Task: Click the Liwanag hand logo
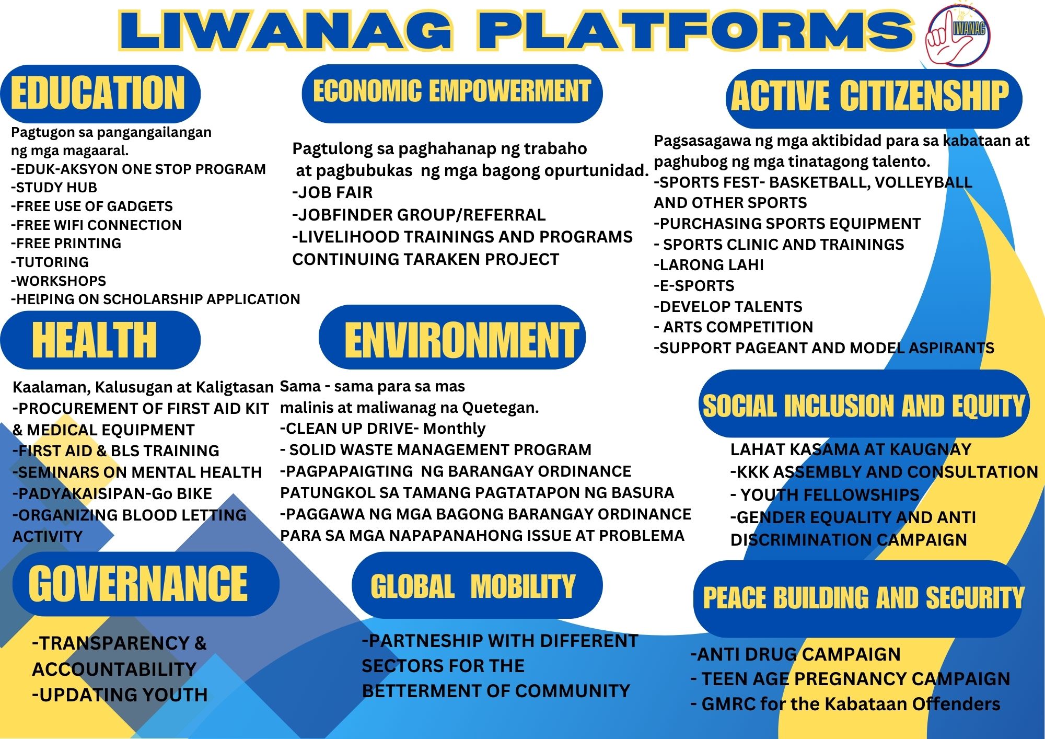tap(958, 36)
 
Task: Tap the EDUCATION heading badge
tap(100, 94)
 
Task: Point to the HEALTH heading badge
tap(100, 340)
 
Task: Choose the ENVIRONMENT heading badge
tap(452, 337)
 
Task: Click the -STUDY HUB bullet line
tap(54, 188)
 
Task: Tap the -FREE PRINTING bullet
tap(66, 244)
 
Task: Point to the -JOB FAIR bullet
tap(332, 192)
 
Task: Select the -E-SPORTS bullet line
tap(694, 286)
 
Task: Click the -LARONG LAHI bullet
tap(709, 265)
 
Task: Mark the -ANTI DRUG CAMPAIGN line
tap(795, 654)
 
